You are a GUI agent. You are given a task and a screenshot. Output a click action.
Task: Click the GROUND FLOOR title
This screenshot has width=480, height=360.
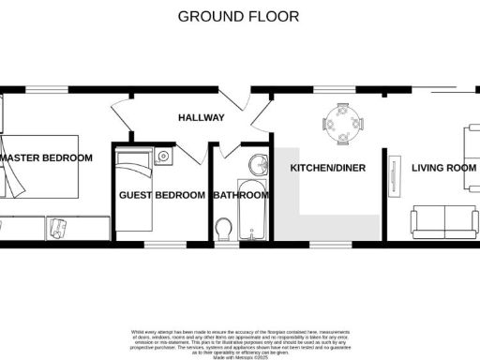pyautogui.click(x=238, y=16)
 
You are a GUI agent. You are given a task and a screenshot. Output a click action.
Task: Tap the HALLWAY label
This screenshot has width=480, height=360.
pyautogui.click(x=201, y=118)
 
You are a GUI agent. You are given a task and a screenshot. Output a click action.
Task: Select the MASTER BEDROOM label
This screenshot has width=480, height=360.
pyautogui.click(x=47, y=158)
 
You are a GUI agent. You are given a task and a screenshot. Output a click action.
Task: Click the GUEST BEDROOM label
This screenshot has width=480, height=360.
pyautogui.click(x=161, y=195)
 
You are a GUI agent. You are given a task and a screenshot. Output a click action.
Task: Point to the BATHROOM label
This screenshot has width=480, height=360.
pyautogui.click(x=241, y=195)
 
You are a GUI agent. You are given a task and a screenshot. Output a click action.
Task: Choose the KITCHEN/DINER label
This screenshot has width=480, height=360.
pyautogui.click(x=327, y=168)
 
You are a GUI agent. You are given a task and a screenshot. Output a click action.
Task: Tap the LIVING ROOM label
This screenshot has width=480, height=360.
pyautogui.click(x=438, y=168)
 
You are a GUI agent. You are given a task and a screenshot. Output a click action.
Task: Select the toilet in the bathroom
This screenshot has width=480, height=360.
pyautogui.click(x=223, y=229)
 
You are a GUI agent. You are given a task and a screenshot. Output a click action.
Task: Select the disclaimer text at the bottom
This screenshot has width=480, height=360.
pyautogui.click(x=238, y=343)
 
